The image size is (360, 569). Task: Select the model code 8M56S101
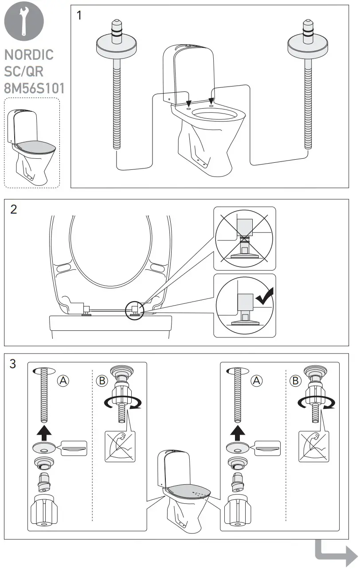point(34,88)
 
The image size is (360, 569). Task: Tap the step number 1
point(79,16)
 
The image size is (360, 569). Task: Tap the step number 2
point(14,210)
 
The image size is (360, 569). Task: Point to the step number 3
point(13,364)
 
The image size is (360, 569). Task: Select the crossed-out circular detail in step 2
point(244,238)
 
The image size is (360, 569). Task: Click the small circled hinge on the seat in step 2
point(134,309)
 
